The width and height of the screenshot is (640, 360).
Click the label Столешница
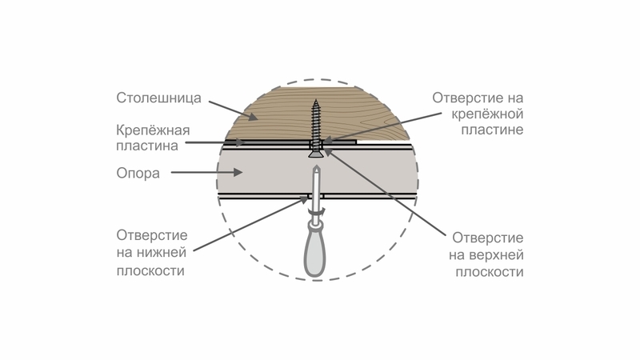tap(158, 98)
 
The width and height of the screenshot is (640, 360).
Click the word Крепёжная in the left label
tap(153, 130)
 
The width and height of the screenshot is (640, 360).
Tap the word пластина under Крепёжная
tap(147, 146)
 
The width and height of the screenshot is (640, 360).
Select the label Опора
tap(138, 173)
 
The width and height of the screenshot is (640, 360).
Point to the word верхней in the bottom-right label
tap(497, 255)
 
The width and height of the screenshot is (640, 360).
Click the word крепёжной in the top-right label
tap(487, 114)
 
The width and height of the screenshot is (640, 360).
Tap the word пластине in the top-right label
tap(492, 130)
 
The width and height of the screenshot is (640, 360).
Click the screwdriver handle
tap(315, 252)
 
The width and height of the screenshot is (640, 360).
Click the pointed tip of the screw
tap(315, 100)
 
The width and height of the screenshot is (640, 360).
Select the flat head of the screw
tap(315, 154)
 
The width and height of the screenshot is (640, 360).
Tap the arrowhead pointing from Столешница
tap(253, 117)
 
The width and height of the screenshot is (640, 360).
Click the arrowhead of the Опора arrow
tap(238, 172)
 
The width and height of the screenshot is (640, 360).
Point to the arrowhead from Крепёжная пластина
tap(241, 142)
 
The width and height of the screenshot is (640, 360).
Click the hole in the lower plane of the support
tap(315, 196)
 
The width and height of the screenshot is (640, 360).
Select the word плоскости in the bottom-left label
tap(150, 270)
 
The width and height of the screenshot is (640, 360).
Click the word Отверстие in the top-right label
tap(466, 98)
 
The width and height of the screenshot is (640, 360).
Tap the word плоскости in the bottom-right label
tap(490, 272)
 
